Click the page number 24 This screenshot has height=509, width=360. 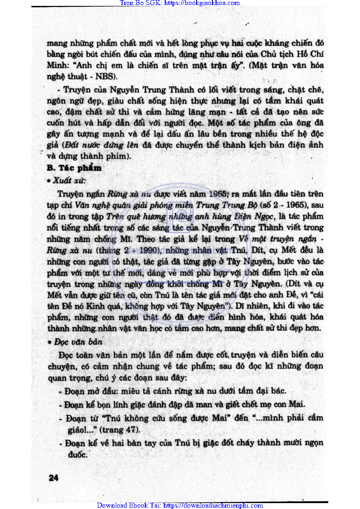tap(53, 477)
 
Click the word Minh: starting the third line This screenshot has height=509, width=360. tap(57, 64)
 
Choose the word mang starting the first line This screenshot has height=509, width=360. tap(57, 44)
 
